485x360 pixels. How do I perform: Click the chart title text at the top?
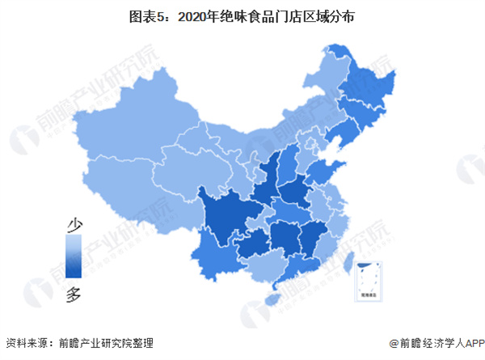pyautogui.click(x=242, y=16)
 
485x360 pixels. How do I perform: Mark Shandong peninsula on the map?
pyautogui.click(x=323, y=172)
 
